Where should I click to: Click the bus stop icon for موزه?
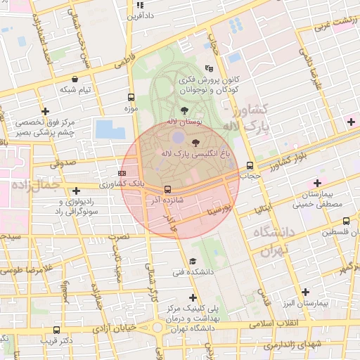pyautogui.click(x=131, y=98)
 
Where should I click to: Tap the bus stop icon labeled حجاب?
pyautogui.click(x=250, y=166)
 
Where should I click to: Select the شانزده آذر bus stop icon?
pyautogui.click(x=167, y=189)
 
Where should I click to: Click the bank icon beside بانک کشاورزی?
pyautogui.click(x=122, y=172)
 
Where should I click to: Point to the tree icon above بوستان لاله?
pyautogui.click(x=184, y=110)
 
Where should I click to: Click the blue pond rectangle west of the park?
pyautogui.click(x=110, y=129)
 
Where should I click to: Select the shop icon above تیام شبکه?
pyautogui.click(x=75, y=79)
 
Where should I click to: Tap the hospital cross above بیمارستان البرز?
pyautogui.click(x=306, y=292)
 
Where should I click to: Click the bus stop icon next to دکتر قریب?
pyautogui.click(x=56, y=330)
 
